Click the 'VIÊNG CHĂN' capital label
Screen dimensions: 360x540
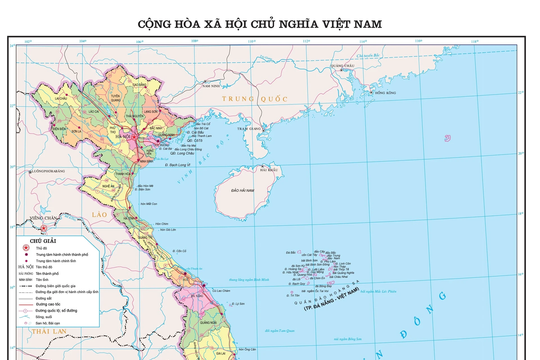44,216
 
